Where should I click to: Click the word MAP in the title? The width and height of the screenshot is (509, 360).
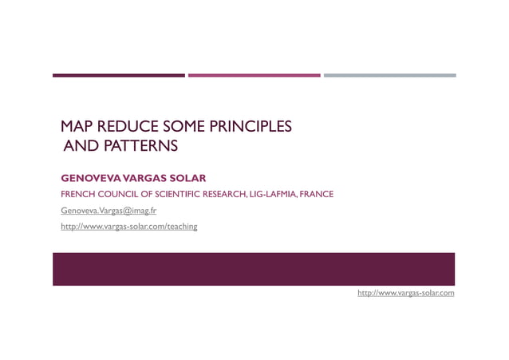pos(77,126)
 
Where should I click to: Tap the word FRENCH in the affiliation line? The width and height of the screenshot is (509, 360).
pos(77,194)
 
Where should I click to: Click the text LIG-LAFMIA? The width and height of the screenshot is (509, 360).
pos(272,194)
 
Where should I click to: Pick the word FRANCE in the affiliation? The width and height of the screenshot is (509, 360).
pos(316,194)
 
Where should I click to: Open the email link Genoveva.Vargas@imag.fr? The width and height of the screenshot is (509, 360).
pos(109,211)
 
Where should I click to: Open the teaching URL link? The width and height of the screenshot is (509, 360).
pos(129,227)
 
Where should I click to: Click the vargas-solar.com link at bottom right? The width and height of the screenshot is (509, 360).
pos(405,293)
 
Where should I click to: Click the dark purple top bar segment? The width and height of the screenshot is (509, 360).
pos(118,76)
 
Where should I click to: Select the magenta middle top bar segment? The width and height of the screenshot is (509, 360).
pos(254,76)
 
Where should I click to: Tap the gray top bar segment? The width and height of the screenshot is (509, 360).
pos(389,76)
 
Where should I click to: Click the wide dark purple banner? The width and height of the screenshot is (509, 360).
pos(254,269)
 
